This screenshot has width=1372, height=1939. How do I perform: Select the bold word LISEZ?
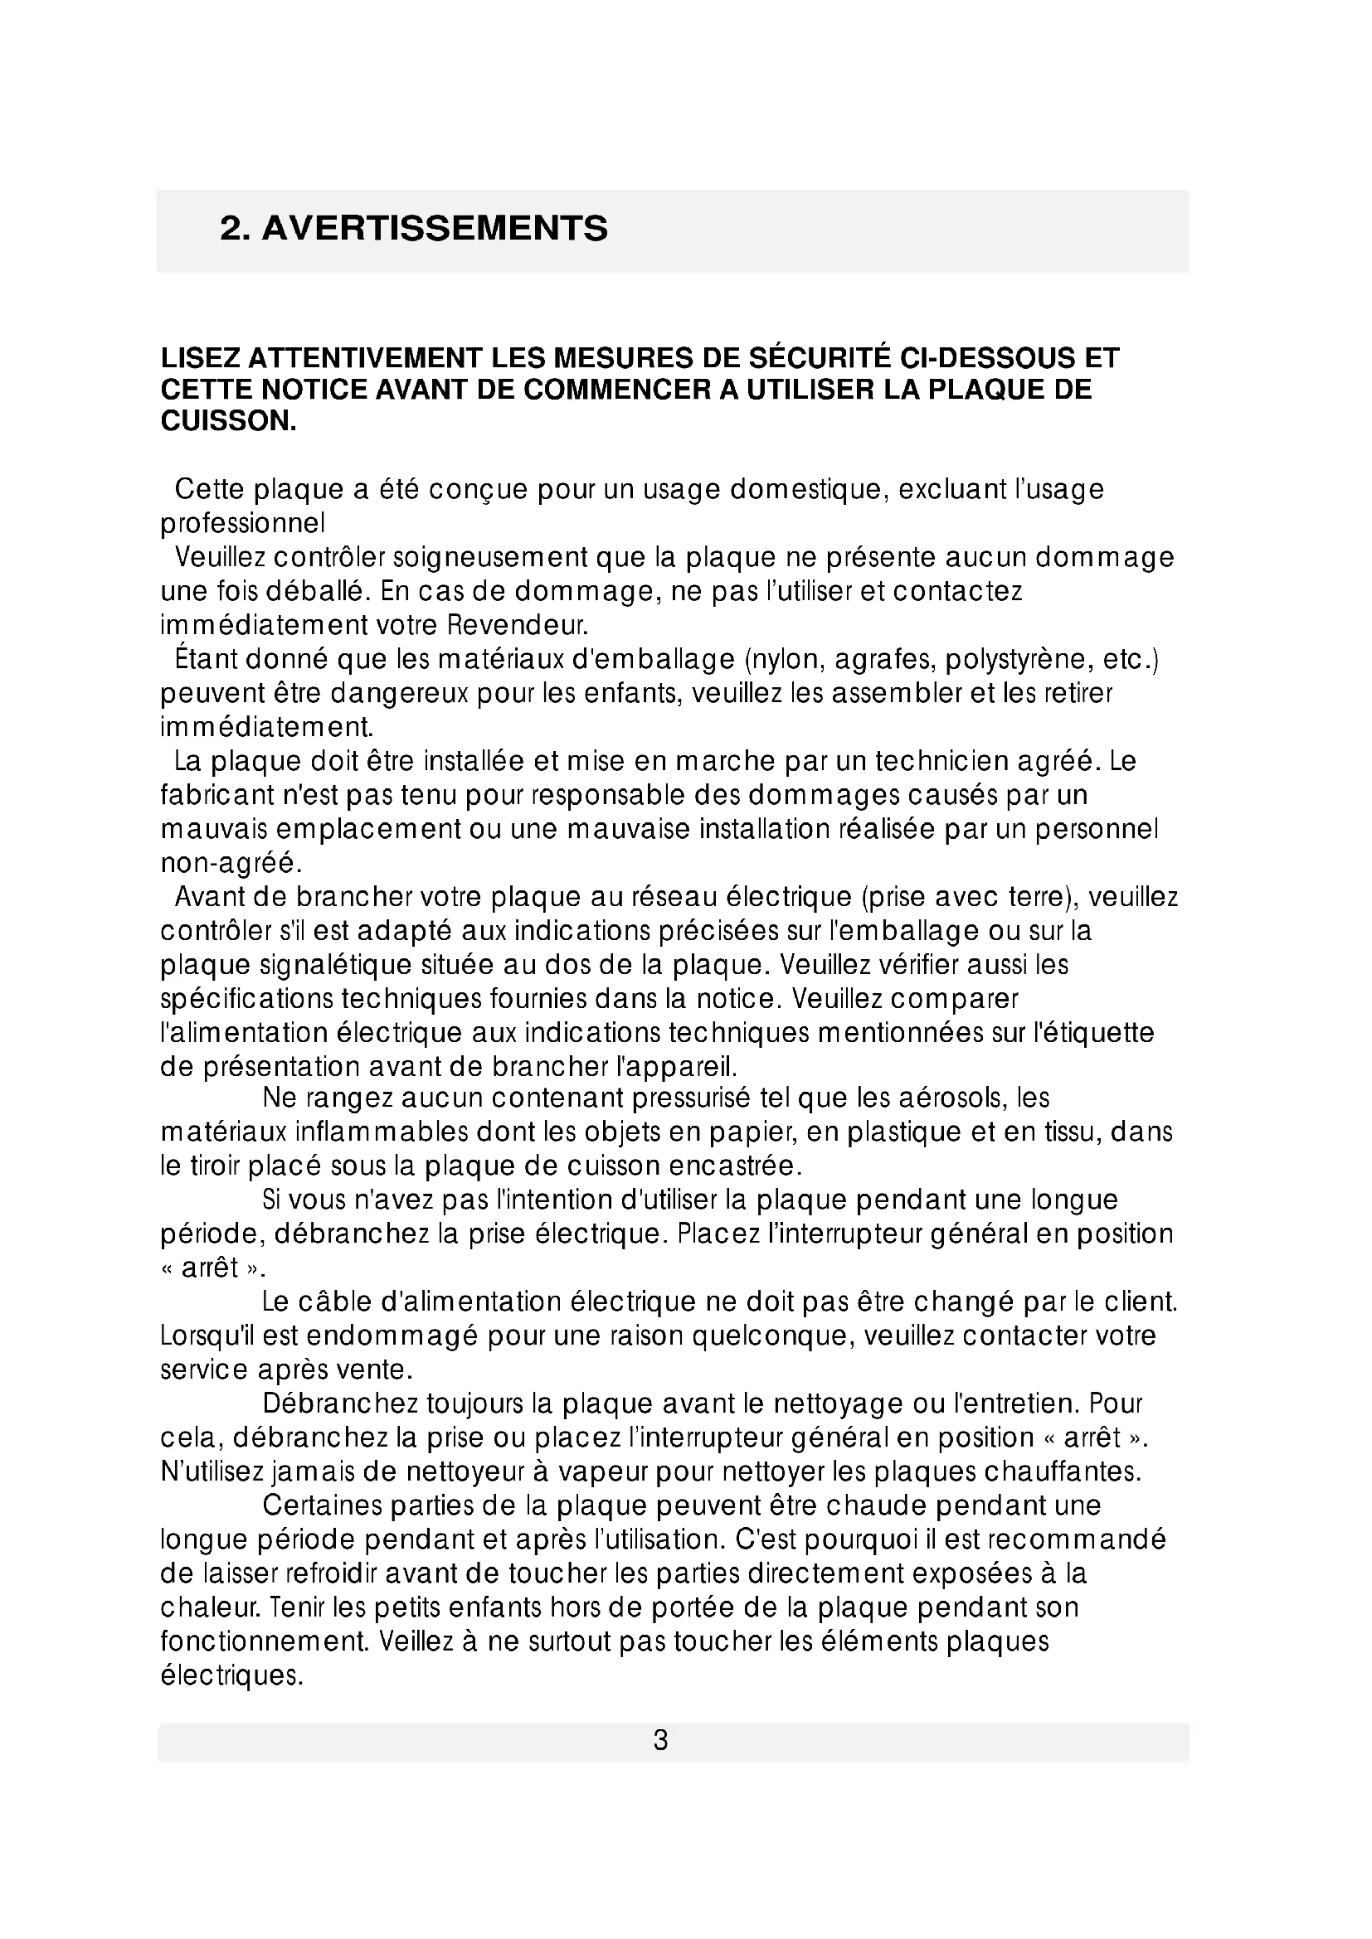[199, 358]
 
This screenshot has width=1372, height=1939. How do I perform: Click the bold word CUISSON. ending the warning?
[229, 420]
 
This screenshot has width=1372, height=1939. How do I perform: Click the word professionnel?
[242, 524]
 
